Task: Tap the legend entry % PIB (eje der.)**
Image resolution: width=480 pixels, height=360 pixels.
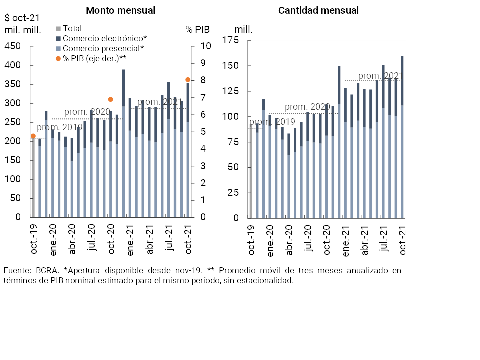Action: [94, 58]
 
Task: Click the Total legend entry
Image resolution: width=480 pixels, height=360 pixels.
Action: [72, 29]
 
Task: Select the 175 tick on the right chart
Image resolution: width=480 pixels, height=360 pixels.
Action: [231, 40]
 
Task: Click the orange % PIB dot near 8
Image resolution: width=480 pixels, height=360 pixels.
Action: [188, 80]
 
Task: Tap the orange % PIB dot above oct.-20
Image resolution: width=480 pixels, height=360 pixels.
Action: [111, 99]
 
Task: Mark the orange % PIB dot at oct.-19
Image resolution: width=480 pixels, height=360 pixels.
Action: [33, 136]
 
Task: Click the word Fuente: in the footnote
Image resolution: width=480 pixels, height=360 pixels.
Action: [17, 270]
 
